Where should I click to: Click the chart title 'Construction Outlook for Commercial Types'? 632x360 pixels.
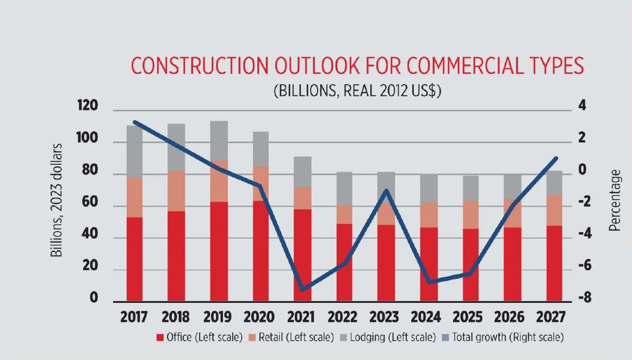coord(357,66)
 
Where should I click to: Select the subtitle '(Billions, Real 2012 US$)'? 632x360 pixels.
coord(357,91)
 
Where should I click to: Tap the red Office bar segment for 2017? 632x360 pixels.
coord(134,259)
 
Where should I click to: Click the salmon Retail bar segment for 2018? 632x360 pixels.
coord(176,191)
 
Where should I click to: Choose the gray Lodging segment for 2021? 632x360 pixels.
coord(302,172)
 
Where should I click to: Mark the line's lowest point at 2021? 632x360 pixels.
coord(302,289)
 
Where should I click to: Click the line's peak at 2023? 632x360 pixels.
coord(386,191)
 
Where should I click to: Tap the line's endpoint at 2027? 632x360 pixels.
coord(555,158)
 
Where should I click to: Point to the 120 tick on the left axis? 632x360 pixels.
coord(87,107)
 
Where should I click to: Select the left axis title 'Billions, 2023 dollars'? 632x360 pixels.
coord(55,200)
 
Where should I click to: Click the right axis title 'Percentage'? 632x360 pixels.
coord(615,201)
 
